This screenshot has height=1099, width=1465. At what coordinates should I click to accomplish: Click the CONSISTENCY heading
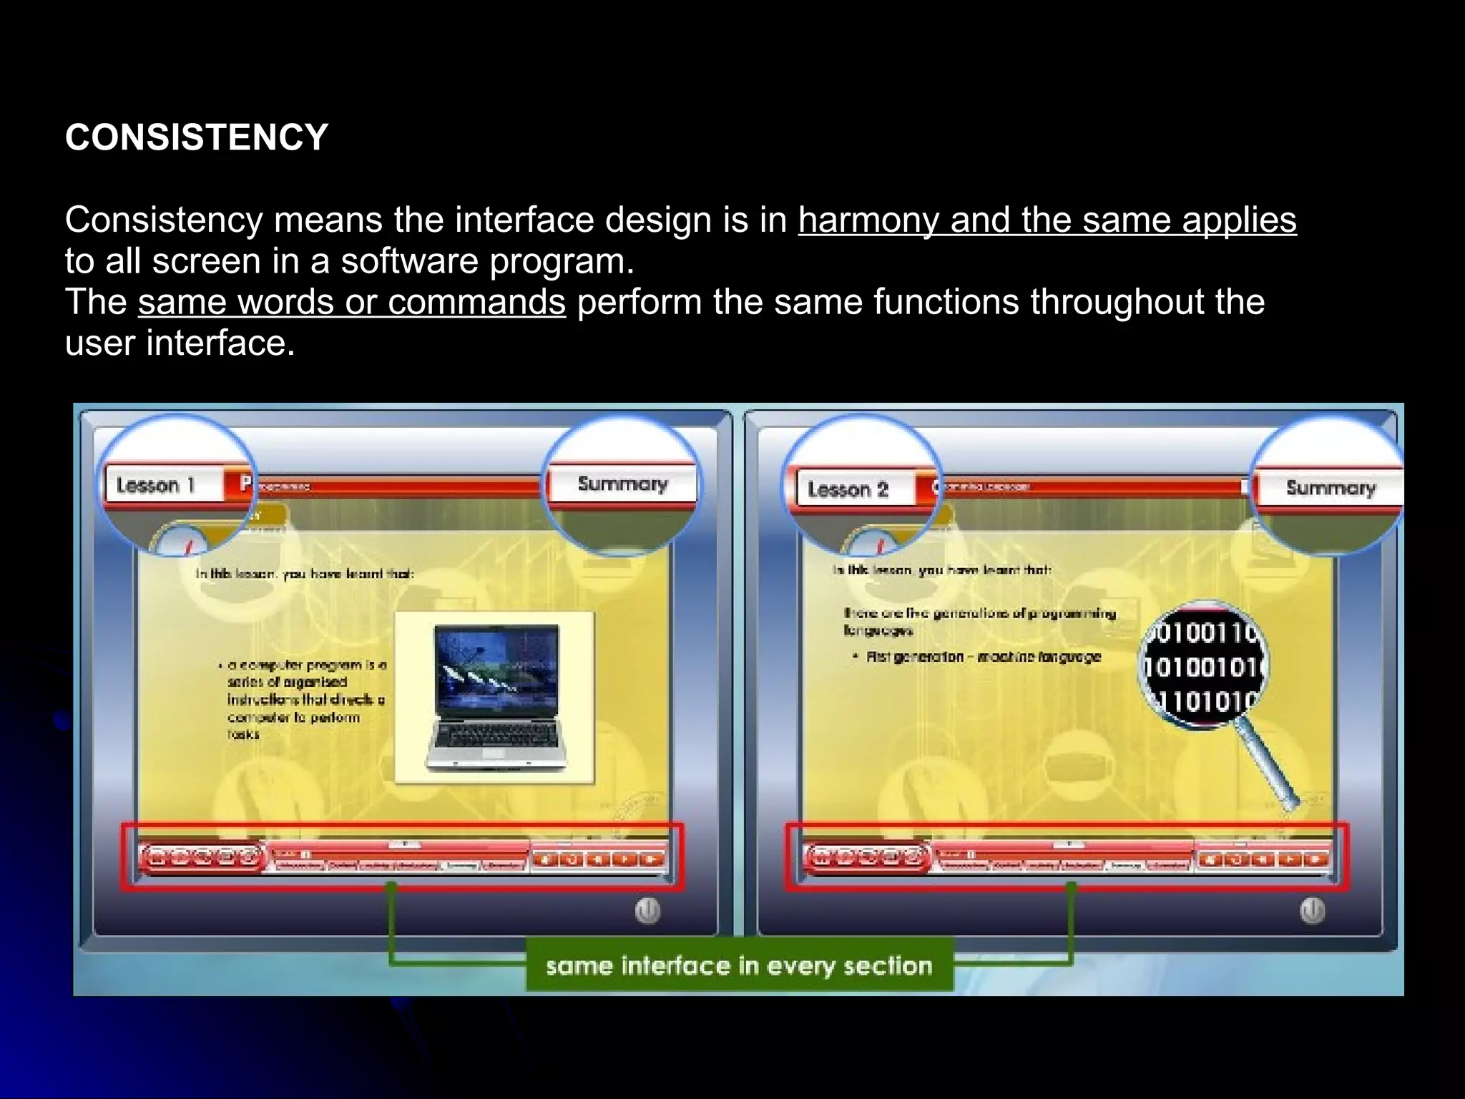pos(197,137)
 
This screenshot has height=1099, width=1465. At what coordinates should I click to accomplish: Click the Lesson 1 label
pos(156,485)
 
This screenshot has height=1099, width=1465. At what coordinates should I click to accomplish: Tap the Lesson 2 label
pos(848,489)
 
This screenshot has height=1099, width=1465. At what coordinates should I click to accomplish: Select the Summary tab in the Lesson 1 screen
pos(622,484)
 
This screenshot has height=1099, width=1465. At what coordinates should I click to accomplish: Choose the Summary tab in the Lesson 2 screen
pos(1331,488)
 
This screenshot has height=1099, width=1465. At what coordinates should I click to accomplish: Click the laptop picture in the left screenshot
pos(495,696)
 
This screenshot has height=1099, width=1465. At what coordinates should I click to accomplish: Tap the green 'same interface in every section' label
pos(739,966)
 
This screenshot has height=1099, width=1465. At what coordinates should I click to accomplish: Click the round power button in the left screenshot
pos(647,911)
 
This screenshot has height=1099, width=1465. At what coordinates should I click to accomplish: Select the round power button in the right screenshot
pos(1312,911)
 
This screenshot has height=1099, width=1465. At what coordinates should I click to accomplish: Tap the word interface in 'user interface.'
pos(220,343)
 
